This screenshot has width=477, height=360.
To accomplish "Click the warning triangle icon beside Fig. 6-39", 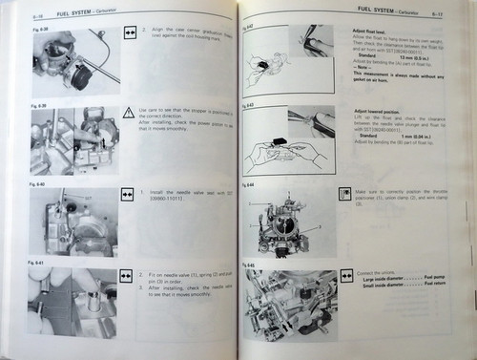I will coord(128,114).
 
